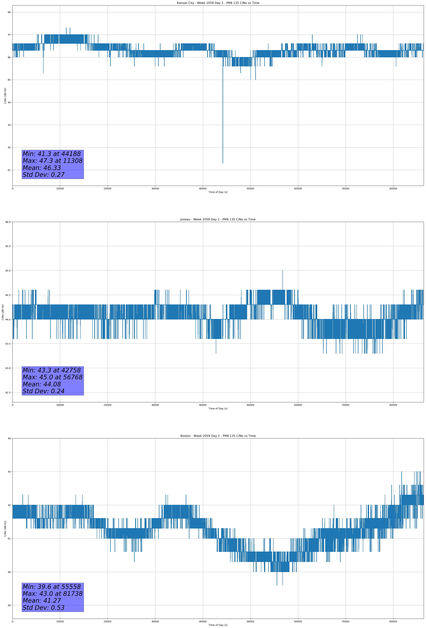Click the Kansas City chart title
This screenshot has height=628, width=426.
pos(218,3)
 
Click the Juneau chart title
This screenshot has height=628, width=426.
pos(218,219)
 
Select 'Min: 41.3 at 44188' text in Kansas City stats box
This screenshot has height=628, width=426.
pos(52,154)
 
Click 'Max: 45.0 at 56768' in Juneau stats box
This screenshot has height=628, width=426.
pos(52,377)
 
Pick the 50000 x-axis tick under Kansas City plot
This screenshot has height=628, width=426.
pos(250,189)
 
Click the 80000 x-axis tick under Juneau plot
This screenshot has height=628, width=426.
pos(393,405)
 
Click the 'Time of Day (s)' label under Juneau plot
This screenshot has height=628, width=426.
pos(218,409)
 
